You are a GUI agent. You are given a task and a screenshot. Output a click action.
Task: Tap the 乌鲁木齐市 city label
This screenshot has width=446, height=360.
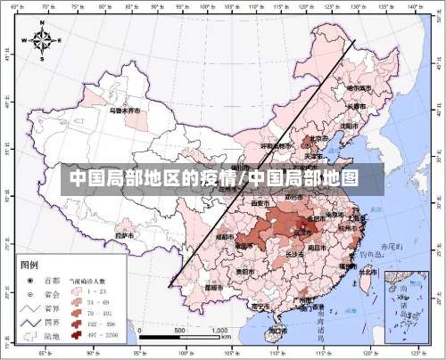[125, 111]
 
